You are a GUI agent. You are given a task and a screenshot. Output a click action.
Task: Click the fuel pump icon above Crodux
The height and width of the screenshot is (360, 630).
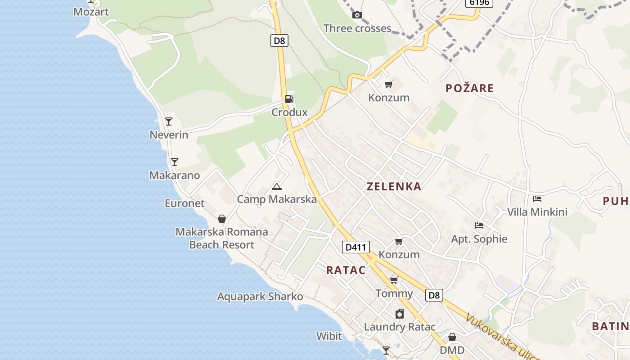coord(289,99)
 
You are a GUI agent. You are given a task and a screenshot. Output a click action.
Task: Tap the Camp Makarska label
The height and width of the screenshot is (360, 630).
coord(277,199)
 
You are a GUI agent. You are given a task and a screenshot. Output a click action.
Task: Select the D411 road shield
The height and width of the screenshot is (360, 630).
coord(355,247)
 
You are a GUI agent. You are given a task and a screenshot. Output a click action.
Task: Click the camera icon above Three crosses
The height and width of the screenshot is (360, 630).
coord(357,15)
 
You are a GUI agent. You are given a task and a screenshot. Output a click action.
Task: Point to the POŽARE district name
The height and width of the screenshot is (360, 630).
coord(469,88)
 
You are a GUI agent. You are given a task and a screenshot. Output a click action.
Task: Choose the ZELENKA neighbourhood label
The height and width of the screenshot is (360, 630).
coord(394,186)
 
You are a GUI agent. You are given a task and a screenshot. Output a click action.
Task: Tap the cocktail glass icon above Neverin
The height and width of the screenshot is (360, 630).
coord(169,121)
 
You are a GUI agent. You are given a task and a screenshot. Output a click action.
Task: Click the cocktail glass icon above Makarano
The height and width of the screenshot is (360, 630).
coord(175,162)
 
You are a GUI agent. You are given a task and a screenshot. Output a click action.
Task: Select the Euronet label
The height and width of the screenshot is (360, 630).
coord(184,203)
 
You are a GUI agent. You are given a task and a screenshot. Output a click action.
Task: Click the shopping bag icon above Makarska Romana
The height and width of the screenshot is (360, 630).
coord(222,219)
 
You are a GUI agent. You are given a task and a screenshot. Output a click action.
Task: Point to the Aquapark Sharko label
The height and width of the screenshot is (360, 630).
coord(260,297)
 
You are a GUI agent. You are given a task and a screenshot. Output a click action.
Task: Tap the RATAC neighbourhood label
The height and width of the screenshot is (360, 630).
coord(346,270)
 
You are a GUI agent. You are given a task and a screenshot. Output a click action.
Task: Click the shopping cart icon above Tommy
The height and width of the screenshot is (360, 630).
coord(394,280)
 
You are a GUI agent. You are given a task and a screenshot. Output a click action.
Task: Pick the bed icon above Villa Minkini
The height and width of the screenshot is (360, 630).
coord(537,198)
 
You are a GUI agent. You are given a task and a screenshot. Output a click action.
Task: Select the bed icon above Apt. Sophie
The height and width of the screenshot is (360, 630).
coord(479,225)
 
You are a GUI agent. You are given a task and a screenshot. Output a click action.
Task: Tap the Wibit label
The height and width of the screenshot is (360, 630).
coord(329,336)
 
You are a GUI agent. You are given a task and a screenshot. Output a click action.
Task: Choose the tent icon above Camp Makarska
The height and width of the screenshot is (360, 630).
coord(277,186)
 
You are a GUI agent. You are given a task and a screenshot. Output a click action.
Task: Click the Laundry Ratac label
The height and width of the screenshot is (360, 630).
coord(400,327)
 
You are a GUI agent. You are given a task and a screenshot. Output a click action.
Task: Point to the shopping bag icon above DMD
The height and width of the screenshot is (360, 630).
coord(452,337)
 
